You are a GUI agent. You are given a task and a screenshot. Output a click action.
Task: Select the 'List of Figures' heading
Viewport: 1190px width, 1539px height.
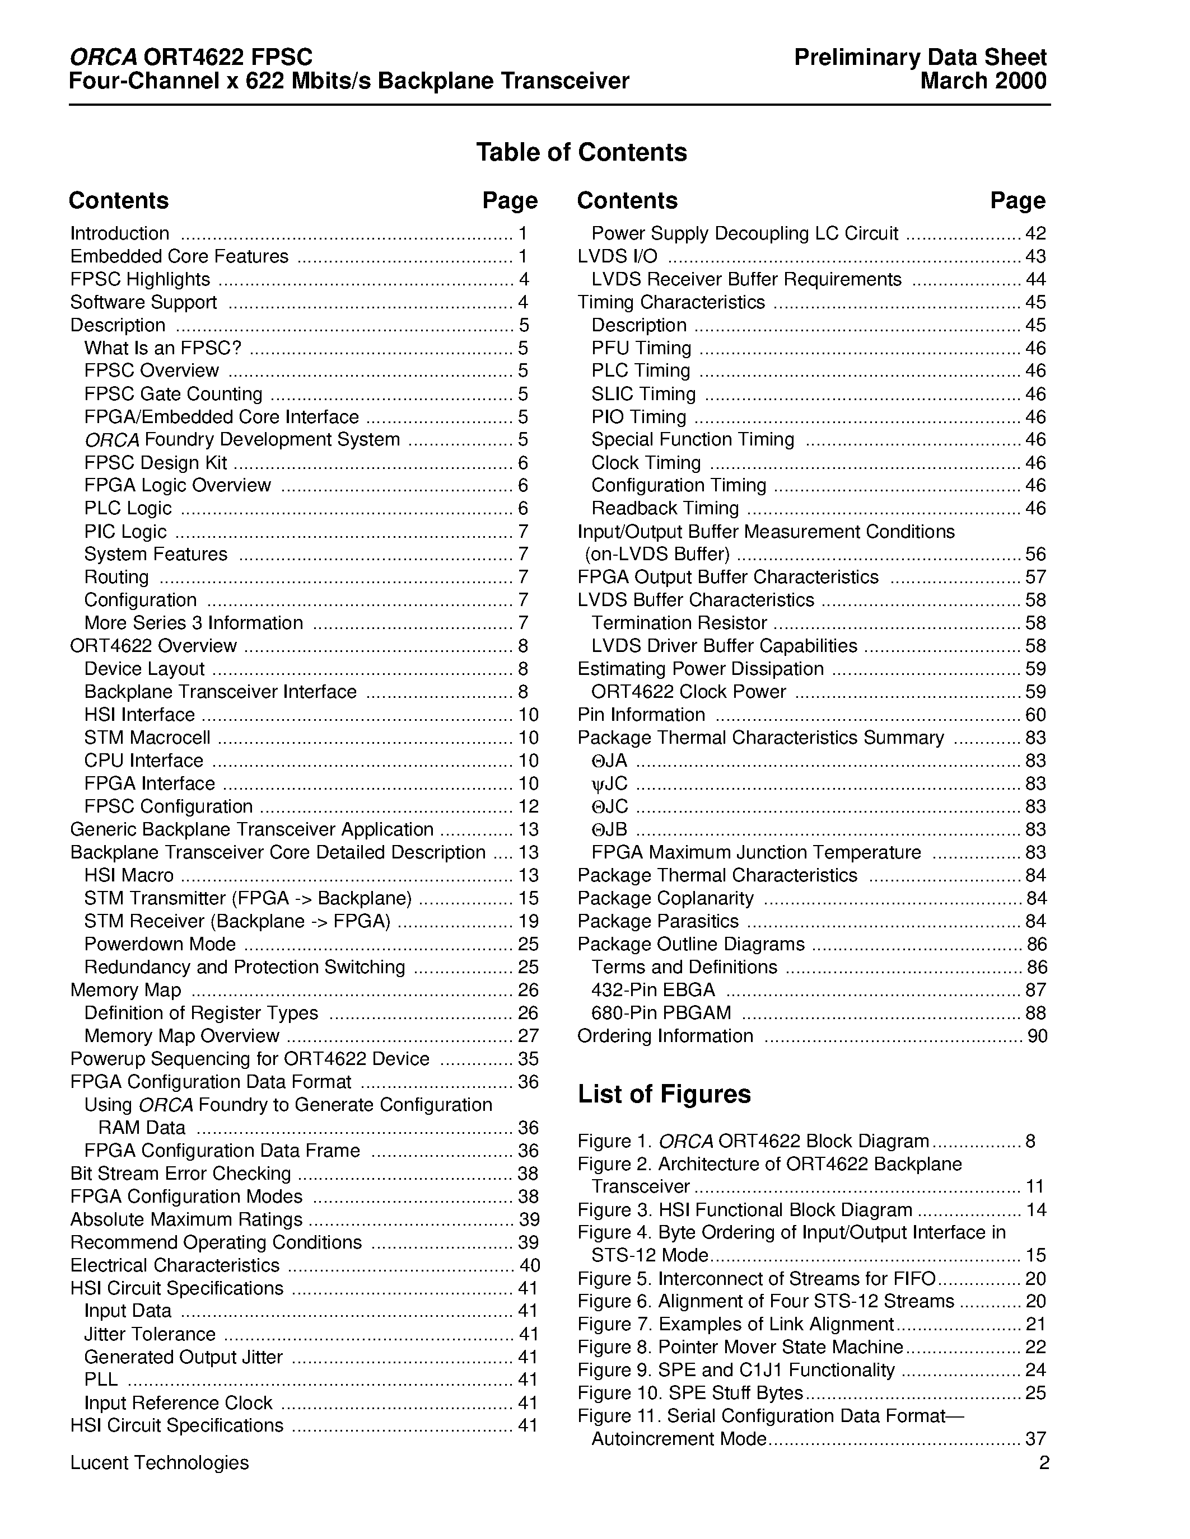click(x=664, y=1094)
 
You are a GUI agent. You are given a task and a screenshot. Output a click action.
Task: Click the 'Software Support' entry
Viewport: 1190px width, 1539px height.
click(x=143, y=302)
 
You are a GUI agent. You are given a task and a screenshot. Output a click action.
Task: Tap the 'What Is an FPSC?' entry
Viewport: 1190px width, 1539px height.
click(x=163, y=348)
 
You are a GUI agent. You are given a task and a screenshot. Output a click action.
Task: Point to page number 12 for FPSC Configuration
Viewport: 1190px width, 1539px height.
click(x=528, y=806)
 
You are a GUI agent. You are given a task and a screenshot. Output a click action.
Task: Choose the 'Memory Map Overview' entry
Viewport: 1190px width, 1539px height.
click(x=182, y=1036)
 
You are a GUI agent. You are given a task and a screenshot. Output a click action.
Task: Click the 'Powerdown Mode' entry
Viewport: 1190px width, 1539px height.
click(x=160, y=944)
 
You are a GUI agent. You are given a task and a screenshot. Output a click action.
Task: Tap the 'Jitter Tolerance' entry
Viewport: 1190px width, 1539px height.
click(x=150, y=1334)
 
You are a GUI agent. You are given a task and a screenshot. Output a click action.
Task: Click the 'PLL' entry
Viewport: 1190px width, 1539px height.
click(x=101, y=1380)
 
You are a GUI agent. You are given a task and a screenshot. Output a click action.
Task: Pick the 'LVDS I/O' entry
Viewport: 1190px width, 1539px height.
click(x=617, y=256)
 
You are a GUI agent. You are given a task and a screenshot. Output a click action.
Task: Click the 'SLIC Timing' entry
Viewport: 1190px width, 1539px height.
click(x=643, y=394)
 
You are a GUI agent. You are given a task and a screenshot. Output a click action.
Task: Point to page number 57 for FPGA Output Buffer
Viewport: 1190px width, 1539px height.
click(x=1035, y=577)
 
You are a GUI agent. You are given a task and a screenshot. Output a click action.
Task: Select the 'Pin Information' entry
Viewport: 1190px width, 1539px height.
click(x=641, y=715)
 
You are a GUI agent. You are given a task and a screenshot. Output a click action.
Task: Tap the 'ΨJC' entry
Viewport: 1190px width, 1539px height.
click(x=609, y=783)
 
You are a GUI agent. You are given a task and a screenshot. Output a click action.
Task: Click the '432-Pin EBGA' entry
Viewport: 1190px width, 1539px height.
click(x=653, y=990)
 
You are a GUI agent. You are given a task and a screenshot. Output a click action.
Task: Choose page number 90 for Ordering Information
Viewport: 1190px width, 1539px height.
click(x=1037, y=1036)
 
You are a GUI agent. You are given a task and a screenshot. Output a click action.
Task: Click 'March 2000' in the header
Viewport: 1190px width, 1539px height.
click(x=983, y=81)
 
